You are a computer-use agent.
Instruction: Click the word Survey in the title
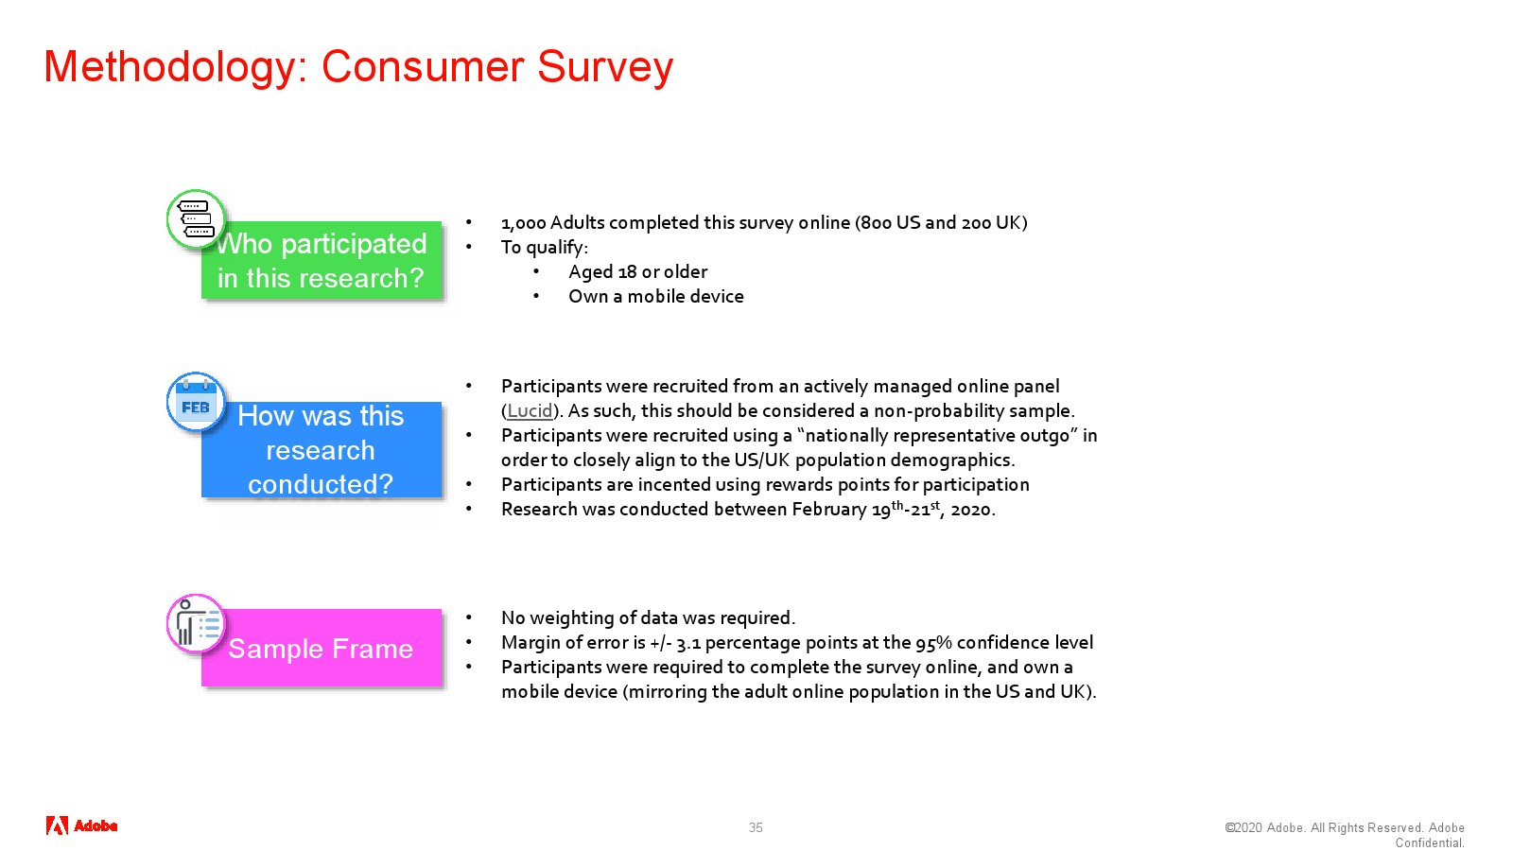click(x=605, y=67)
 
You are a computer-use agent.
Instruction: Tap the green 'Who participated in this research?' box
click(x=322, y=260)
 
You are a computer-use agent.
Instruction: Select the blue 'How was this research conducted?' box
click(x=322, y=450)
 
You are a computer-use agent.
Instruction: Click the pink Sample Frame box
click(x=322, y=648)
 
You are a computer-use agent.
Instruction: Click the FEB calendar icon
click(x=196, y=403)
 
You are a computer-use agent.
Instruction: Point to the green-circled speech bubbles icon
click(x=196, y=218)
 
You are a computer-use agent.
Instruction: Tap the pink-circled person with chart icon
click(x=196, y=623)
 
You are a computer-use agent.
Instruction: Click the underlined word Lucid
click(x=530, y=410)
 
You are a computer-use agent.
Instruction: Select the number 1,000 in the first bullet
click(x=524, y=223)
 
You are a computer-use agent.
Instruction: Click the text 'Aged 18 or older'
click(x=637, y=271)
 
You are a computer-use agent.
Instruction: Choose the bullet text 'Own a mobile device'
click(x=656, y=297)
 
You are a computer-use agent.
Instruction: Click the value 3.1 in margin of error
click(x=688, y=643)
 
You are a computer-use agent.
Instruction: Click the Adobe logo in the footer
click(x=81, y=825)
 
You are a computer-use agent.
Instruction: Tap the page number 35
click(x=756, y=827)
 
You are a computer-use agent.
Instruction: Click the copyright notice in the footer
click(x=1345, y=835)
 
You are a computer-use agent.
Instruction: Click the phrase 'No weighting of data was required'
click(x=647, y=618)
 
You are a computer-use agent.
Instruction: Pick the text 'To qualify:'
click(x=545, y=248)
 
